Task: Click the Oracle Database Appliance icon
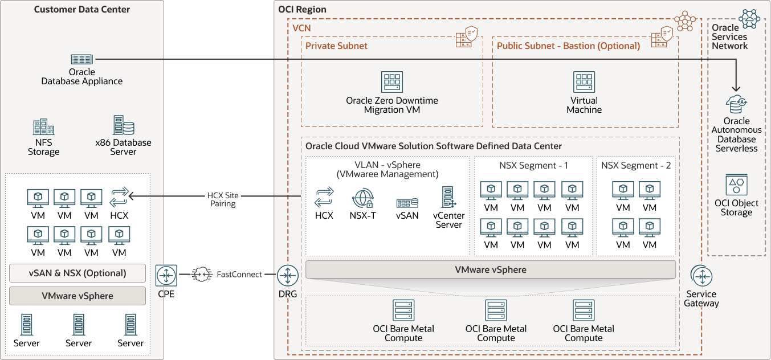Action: (x=82, y=59)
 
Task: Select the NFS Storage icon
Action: (x=43, y=128)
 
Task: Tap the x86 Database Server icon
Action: (x=123, y=125)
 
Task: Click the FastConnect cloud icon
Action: (x=202, y=275)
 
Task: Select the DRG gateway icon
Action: (x=288, y=276)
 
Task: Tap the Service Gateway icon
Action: (x=701, y=276)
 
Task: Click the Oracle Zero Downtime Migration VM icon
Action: (x=391, y=83)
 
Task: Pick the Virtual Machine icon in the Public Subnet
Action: (x=584, y=83)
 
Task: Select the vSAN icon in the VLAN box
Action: (x=407, y=202)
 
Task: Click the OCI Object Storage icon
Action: (x=736, y=185)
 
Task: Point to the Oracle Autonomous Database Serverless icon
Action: (x=736, y=104)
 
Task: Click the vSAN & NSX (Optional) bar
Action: (x=77, y=273)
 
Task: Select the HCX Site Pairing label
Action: (x=223, y=199)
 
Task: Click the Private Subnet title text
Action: (x=336, y=46)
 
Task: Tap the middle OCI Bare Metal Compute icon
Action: (x=496, y=310)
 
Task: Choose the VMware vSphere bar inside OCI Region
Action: (x=490, y=269)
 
